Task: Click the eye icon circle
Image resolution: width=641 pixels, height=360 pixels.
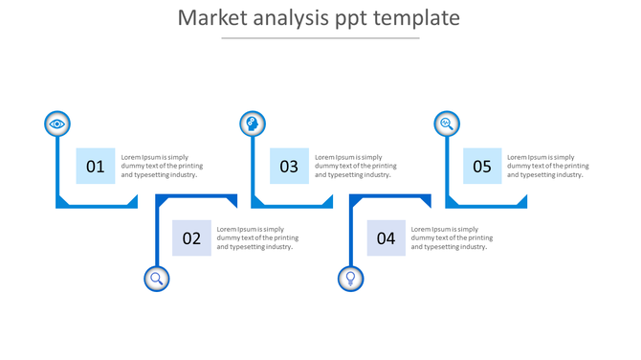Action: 57,124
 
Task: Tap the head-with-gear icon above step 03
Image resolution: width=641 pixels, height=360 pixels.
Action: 252,124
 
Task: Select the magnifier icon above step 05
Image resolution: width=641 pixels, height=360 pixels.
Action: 446,124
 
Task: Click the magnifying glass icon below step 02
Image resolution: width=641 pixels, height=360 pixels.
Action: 157,279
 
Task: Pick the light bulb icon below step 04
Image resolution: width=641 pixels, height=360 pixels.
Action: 351,279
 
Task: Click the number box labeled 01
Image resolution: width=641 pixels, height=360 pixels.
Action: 96,166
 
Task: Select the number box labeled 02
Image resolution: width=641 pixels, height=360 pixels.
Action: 191,238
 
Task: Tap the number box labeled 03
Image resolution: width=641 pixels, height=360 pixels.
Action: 289,166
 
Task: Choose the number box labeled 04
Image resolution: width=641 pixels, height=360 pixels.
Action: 386,238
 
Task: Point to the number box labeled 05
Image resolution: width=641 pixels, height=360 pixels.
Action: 482,166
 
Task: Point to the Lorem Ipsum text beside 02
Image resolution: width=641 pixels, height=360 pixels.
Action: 257,238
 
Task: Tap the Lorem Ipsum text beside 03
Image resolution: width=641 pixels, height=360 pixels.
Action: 355,166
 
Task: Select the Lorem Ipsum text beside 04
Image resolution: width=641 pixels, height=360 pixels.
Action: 452,238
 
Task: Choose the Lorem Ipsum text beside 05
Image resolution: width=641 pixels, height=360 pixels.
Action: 548,166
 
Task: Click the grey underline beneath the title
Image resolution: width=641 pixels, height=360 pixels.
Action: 320,38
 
